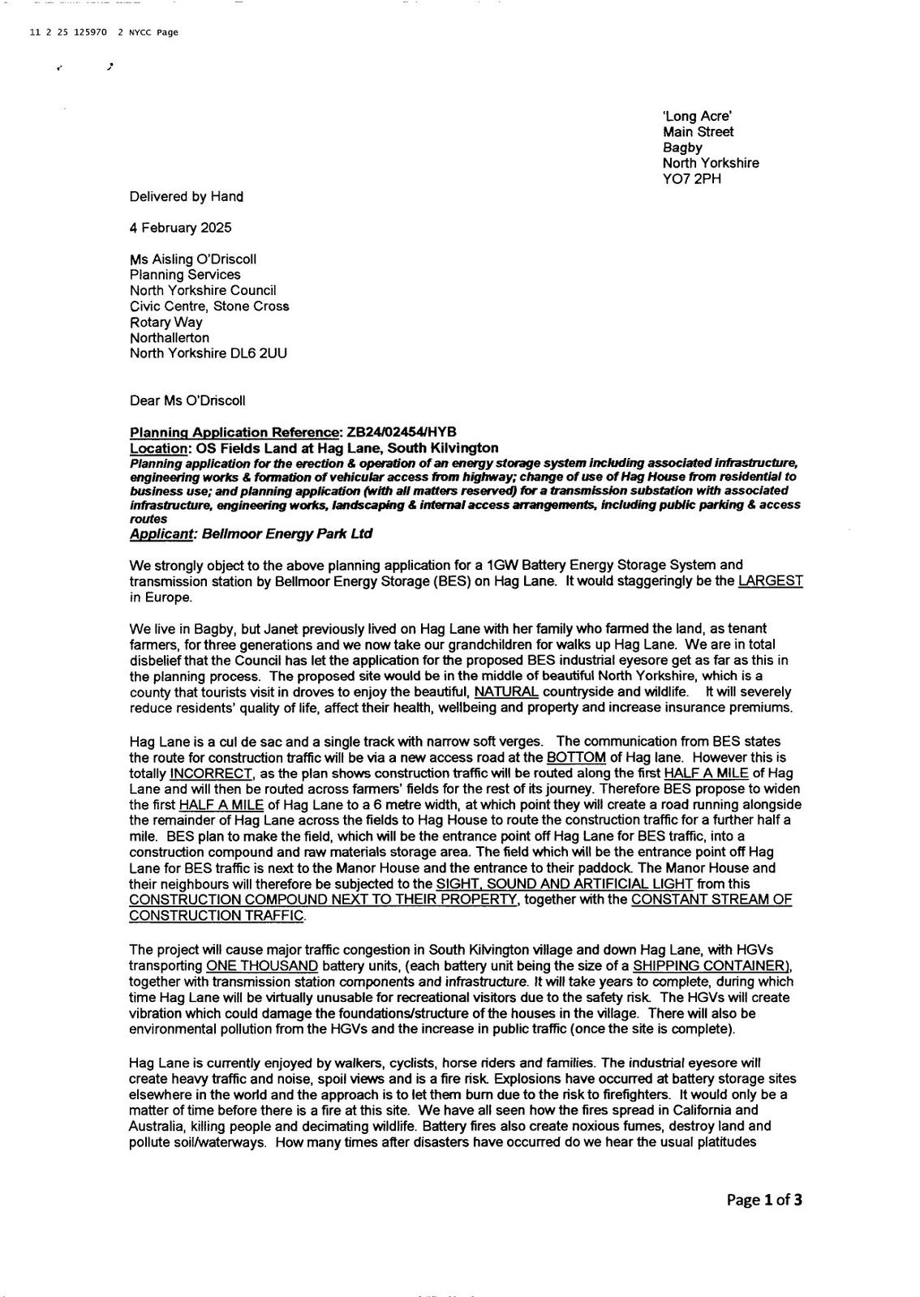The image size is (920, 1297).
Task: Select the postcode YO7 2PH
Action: [x=691, y=178]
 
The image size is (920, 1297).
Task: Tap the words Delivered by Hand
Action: [x=186, y=196]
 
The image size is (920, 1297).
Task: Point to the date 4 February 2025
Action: [x=180, y=228]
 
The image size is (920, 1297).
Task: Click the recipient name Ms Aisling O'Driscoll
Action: [x=192, y=259]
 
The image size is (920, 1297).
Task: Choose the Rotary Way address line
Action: [x=166, y=322]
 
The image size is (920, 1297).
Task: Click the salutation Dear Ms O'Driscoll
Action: [x=187, y=400]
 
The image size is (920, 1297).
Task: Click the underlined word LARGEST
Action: [x=771, y=581]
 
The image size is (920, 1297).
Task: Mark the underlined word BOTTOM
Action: [x=577, y=757]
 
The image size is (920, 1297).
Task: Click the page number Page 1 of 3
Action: [x=764, y=1201]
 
